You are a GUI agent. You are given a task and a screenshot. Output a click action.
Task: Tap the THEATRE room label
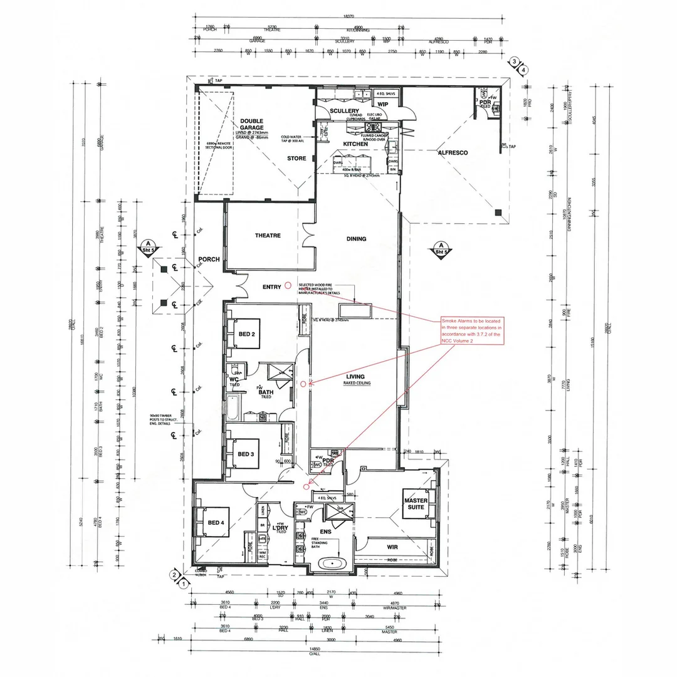pos(268,236)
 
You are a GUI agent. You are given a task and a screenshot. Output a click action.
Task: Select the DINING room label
pos(356,239)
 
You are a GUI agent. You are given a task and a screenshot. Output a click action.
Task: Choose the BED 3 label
pos(245,454)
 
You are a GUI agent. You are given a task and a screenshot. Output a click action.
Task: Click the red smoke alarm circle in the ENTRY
pos(288,285)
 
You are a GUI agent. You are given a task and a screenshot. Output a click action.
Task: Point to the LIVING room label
pos(355,377)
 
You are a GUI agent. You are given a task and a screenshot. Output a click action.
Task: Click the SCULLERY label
pos(344,111)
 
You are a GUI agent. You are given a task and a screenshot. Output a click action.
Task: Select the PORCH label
pos(208,259)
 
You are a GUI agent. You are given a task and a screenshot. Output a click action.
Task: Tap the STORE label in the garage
pos(297,159)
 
